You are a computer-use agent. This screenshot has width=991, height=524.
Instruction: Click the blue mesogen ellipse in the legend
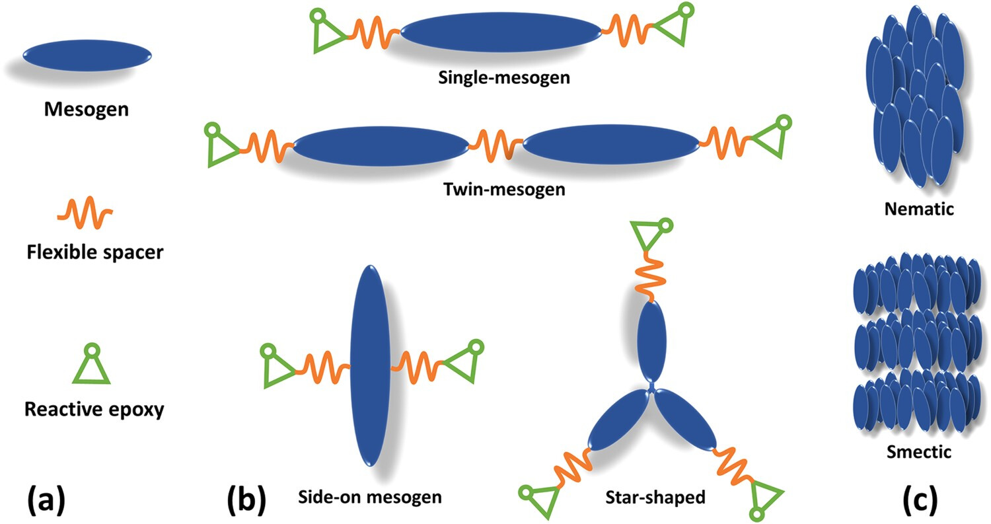tap(87, 54)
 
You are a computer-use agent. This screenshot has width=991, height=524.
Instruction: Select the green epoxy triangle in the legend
tap(91, 367)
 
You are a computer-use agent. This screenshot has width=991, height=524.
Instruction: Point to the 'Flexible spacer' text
tap(94, 252)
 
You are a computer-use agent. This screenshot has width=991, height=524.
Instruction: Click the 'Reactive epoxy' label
tap(94, 409)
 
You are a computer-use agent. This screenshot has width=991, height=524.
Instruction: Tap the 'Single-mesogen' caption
tap(504, 78)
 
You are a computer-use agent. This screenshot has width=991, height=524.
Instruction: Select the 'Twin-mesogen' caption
tap(505, 190)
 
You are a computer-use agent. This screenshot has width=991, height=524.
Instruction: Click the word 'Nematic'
tap(918, 209)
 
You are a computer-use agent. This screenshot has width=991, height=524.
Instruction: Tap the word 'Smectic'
tap(919, 453)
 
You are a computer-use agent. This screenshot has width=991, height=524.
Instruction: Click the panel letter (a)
tap(46, 500)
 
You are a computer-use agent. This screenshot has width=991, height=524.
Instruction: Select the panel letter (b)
tap(246, 500)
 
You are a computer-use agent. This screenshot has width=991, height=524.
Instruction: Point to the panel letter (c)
tap(919, 500)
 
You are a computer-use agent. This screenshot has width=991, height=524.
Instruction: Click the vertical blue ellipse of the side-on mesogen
tap(370, 365)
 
